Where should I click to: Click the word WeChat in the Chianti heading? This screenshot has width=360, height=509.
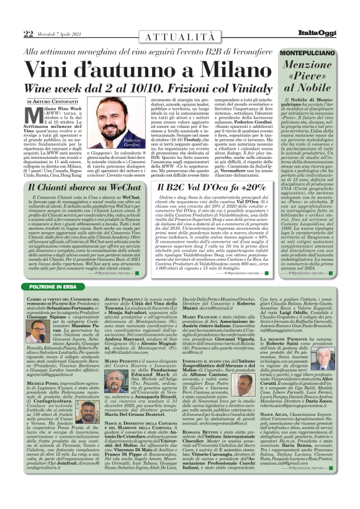[125, 187]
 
